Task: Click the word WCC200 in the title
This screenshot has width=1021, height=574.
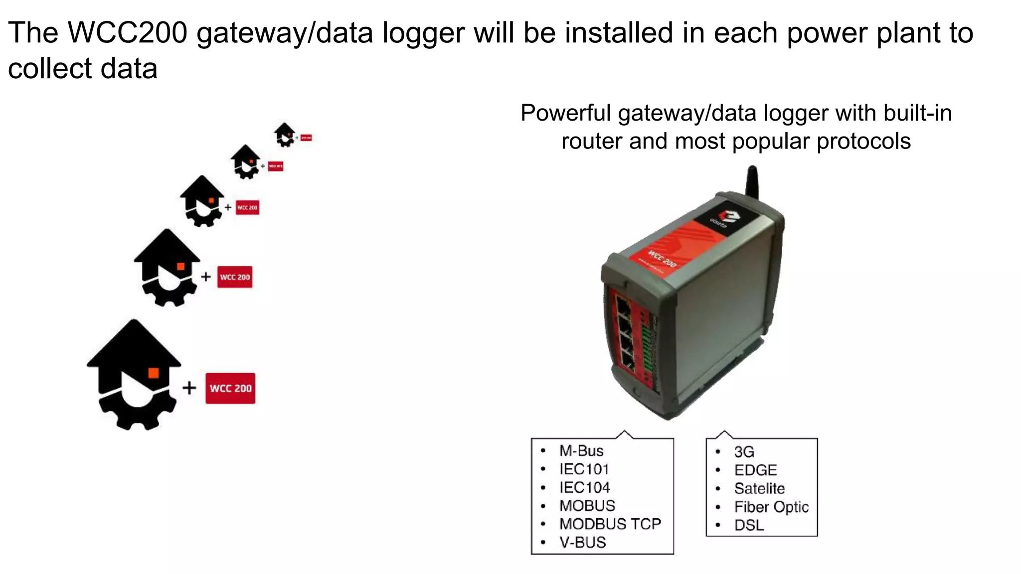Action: (128, 33)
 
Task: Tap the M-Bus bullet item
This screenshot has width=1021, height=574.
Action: (581, 451)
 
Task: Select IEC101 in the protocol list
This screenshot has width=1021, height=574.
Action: (584, 469)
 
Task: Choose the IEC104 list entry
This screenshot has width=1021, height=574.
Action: (584, 488)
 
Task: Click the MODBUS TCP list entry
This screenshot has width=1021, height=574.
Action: (610, 524)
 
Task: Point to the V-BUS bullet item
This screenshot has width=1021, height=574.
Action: (582, 543)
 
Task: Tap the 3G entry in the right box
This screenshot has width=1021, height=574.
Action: (744, 452)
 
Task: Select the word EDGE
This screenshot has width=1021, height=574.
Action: (755, 470)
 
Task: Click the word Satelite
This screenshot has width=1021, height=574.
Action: (759, 489)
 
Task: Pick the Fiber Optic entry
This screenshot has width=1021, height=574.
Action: (771, 507)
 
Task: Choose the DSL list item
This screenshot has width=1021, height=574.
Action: (749, 526)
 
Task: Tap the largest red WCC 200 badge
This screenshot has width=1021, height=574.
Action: (230, 388)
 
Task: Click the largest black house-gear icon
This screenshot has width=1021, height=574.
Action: (134, 374)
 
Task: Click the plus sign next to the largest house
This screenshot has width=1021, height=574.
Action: (189, 388)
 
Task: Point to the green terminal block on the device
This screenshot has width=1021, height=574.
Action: (647, 349)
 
